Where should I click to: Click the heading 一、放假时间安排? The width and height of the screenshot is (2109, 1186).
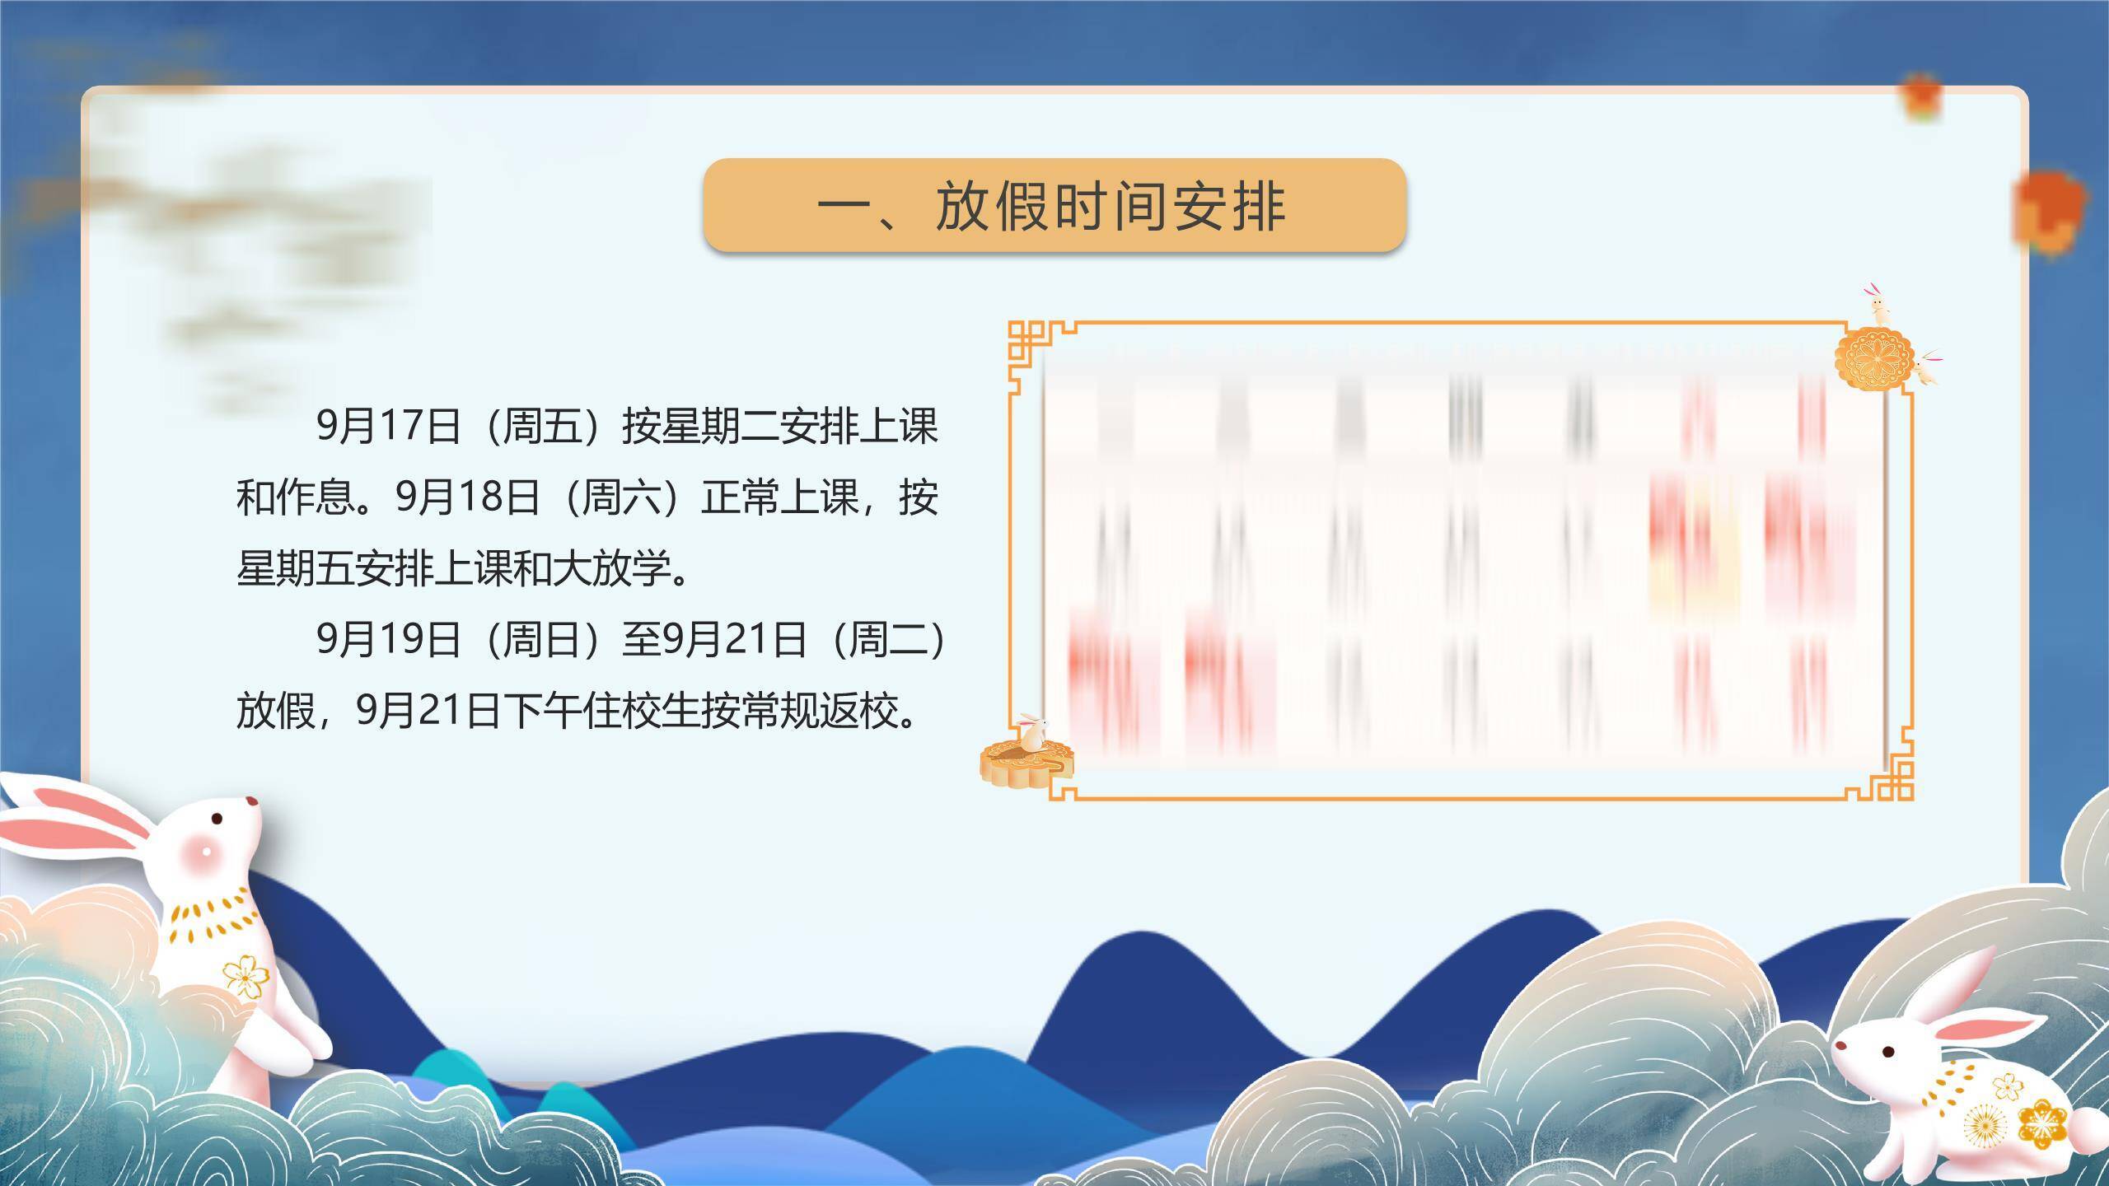[1053, 206]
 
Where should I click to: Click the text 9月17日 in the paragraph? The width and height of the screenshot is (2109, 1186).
[388, 427]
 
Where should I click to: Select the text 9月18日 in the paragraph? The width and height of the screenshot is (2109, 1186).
[467, 497]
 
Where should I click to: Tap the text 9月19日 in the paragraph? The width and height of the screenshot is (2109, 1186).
[388, 639]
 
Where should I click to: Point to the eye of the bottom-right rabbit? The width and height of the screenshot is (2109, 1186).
[1887, 1075]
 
